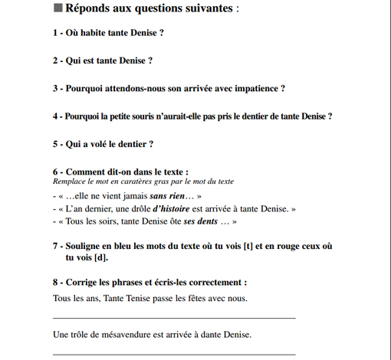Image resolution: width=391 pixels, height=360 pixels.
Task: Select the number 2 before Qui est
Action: point(55,61)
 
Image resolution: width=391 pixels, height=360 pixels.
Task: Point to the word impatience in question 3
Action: point(257,88)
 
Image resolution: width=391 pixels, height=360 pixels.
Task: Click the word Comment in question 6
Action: point(86,172)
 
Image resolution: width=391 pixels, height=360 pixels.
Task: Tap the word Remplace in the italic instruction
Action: point(70,182)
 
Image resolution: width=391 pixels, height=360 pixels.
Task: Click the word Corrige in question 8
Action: point(84,282)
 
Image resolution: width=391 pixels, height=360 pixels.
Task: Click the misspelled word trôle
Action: point(80,334)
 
